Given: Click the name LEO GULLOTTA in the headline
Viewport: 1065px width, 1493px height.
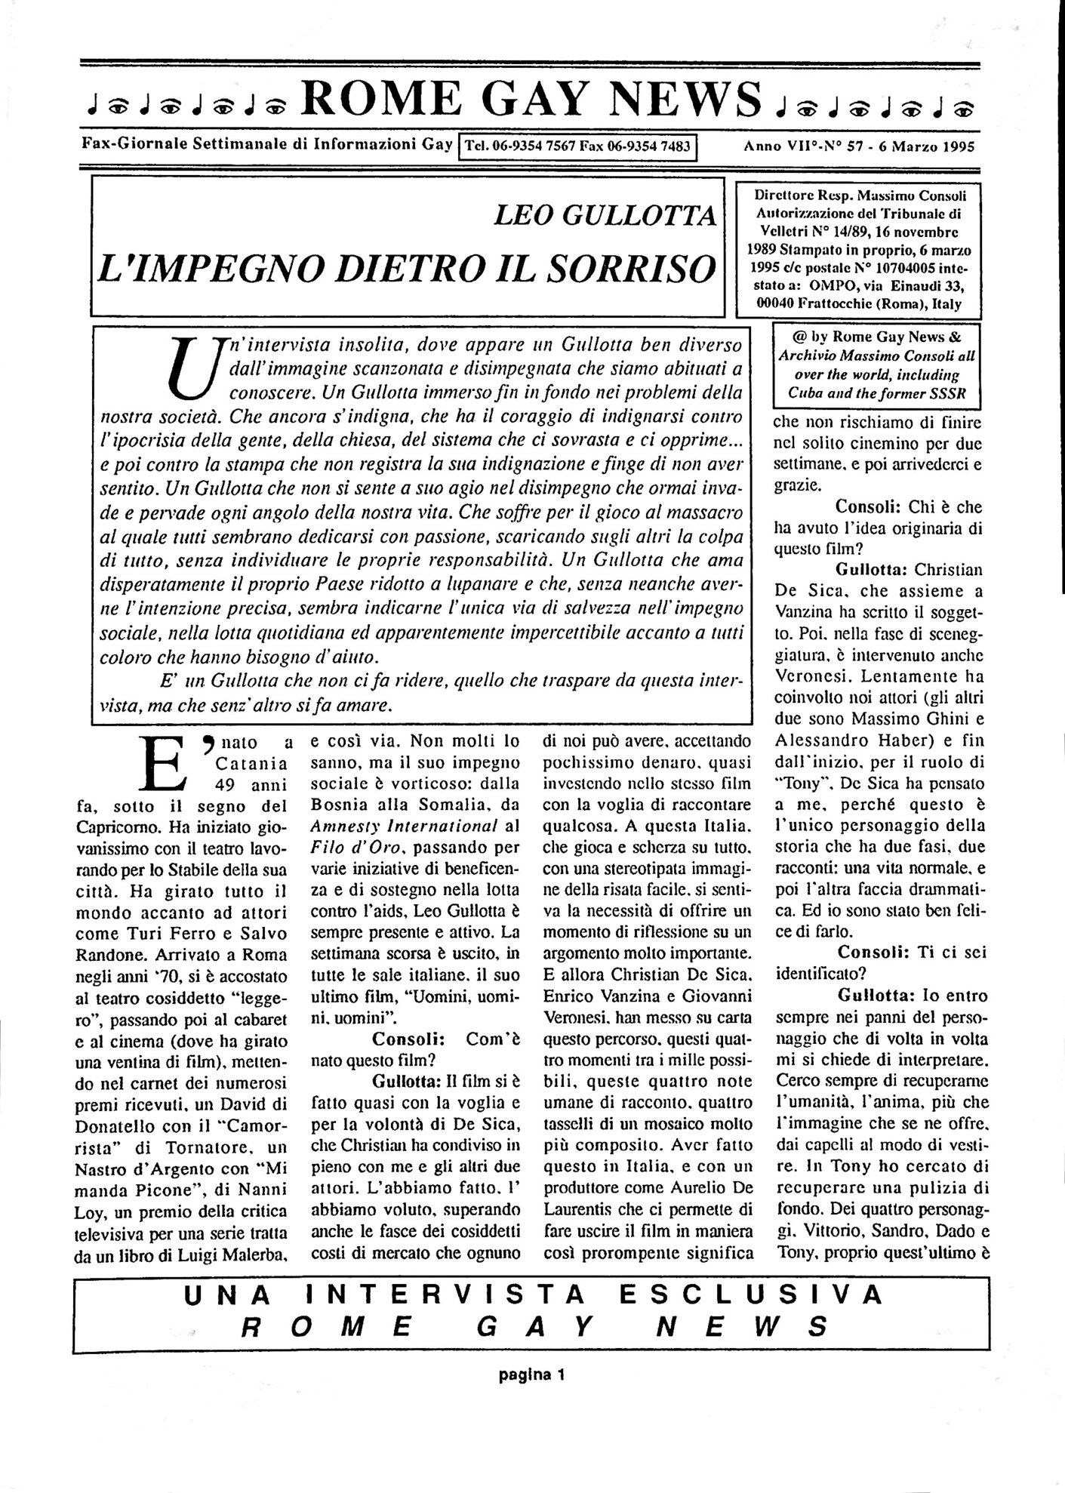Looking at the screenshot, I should point(604,217).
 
